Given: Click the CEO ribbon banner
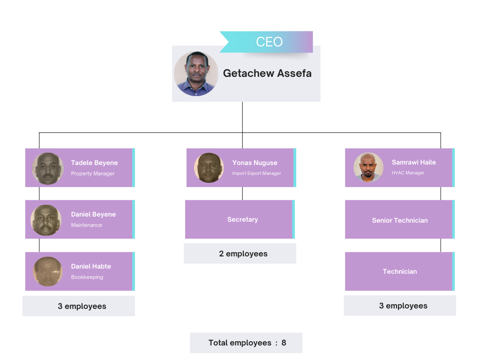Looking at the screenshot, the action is tap(266, 42).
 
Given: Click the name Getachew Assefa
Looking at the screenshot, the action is tap(267, 74).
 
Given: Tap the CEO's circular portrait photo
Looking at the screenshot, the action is tap(196, 74).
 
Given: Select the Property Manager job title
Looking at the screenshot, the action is tap(93, 173).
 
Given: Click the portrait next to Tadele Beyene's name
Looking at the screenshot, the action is tap(48, 168).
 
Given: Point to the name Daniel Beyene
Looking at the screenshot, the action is tap(93, 214).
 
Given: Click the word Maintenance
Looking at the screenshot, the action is tap(87, 225).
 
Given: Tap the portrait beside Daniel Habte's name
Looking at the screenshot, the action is tap(48, 271).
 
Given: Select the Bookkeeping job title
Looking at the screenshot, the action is tap(87, 277).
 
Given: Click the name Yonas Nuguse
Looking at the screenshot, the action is tap(255, 163).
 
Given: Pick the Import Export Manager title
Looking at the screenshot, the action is tap(256, 173).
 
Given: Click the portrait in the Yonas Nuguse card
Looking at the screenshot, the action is tap(209, 168).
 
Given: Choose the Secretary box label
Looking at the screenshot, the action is tap(242, 219).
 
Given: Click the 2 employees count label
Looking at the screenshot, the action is tap(243, 254).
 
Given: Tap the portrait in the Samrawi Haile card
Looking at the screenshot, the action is tap(368, 167).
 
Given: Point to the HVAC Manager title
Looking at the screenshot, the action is tap(408, 173).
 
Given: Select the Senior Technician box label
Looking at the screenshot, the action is tap(400, 220).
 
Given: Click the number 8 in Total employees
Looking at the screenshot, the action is tap(284, 343).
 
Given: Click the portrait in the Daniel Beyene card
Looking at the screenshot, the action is tap(46, 220).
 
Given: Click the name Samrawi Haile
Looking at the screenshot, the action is tap(414, 162).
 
